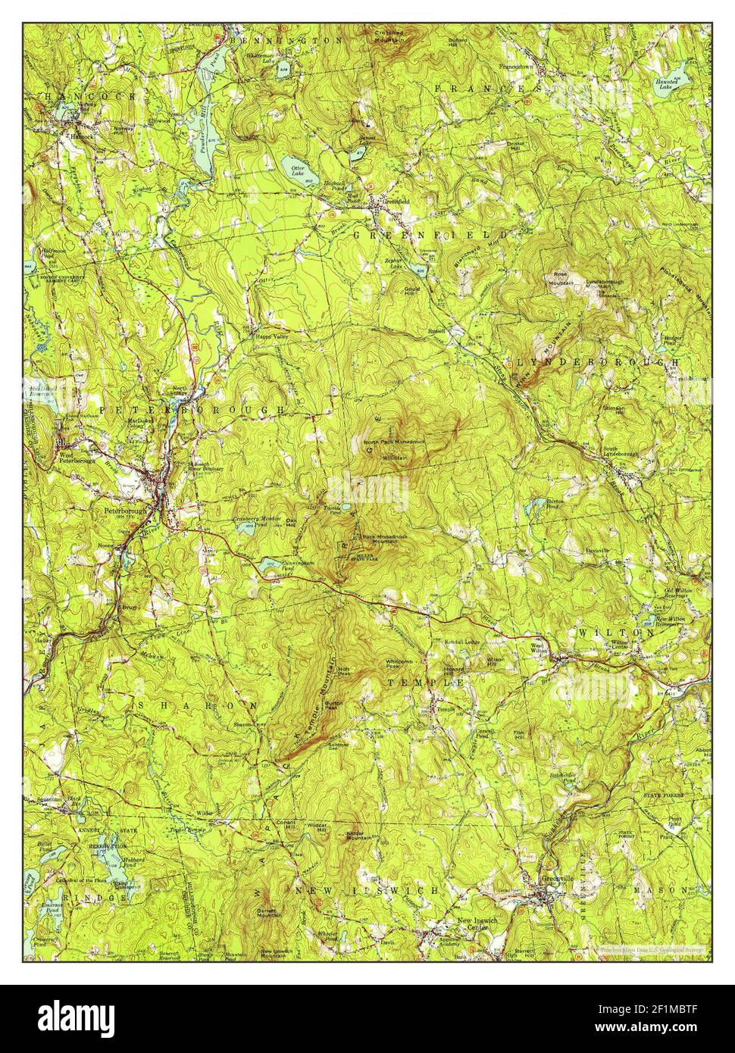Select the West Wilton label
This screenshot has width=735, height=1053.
[x=537, y=648]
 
